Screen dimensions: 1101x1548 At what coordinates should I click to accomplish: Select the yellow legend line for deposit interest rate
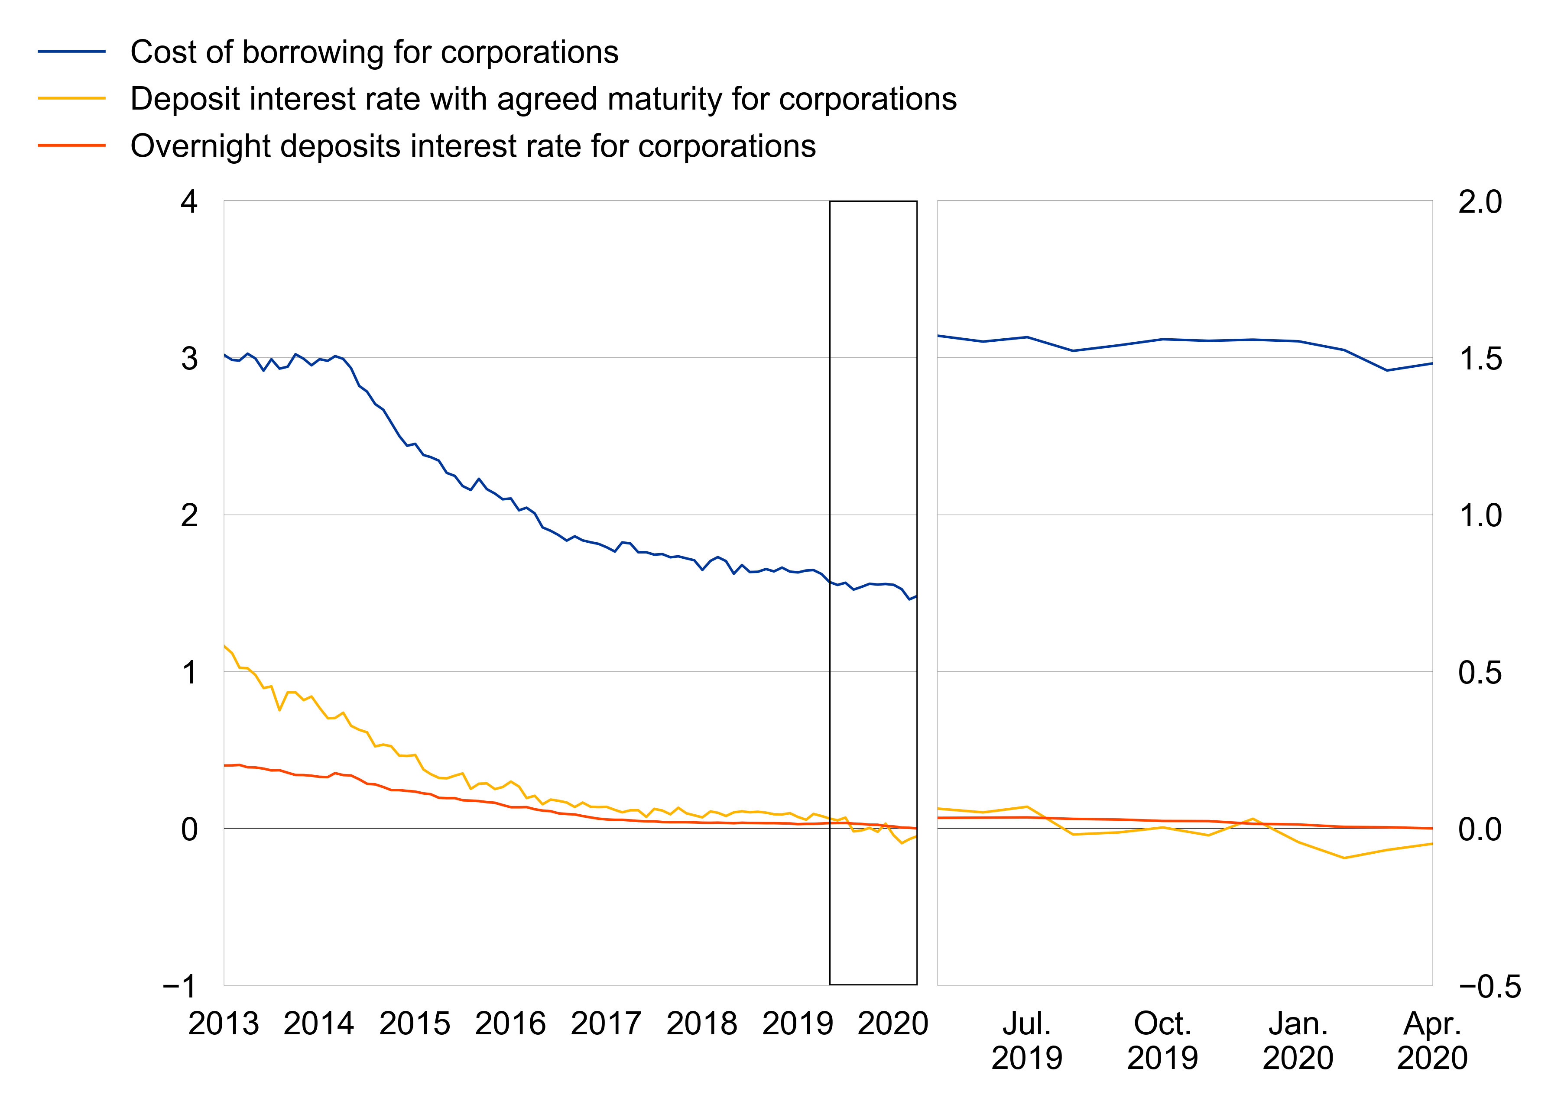[72, 98]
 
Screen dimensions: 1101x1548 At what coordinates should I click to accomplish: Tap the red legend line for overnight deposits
[72, 145]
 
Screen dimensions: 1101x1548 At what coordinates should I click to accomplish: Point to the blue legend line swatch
[72, 52]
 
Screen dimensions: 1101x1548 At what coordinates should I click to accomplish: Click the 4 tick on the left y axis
[189, 202]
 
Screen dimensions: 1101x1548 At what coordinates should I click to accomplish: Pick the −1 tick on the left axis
[180, 986]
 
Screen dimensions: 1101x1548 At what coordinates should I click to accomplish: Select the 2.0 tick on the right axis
[1480, 202]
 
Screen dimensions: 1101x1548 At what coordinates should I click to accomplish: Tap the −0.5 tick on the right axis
[1490, 986]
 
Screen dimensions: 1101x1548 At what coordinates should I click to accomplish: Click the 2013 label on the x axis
[223, 1024]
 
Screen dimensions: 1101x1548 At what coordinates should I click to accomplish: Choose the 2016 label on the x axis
[510, 1024]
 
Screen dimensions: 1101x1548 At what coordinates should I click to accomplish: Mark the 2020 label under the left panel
[892, 1024]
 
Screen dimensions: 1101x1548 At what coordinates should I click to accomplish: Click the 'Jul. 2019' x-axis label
[1026, 1041]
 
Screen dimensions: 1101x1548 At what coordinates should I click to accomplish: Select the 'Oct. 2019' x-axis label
[1162, 1041]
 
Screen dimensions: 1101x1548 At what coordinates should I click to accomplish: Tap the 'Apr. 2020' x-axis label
[1432, 1041]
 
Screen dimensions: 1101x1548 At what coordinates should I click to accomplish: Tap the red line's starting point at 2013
[224, 765]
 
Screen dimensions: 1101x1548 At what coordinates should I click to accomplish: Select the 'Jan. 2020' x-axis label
[1298, 1041]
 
